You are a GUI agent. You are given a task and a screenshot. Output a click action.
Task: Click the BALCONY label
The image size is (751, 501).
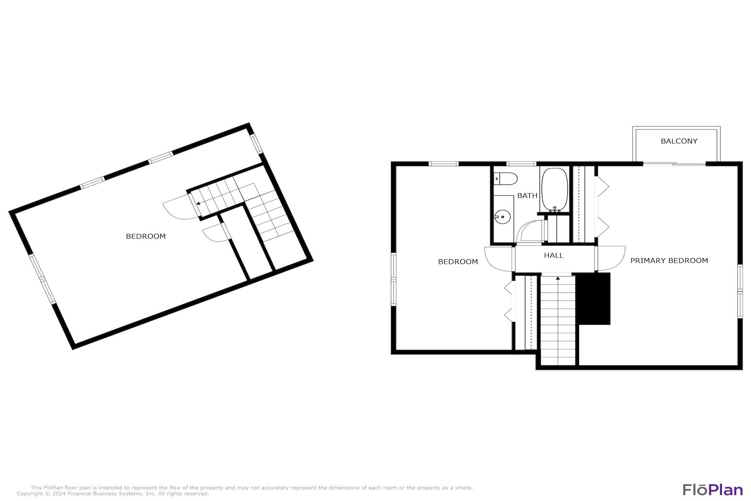coord(679,141)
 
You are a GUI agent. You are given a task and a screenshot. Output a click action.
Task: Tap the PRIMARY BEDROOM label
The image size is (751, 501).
coord(669,261)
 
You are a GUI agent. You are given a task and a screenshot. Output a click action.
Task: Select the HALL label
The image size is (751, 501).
coord(554,255)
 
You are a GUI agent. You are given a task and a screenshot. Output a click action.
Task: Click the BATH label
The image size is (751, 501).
coord(527,195)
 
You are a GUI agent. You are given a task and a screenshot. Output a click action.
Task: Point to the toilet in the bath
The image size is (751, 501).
coord(505,179)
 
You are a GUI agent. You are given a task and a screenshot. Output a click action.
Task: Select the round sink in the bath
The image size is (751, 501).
coord(503,217)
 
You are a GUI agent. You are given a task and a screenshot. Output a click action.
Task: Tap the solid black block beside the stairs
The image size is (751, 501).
coord(593,298)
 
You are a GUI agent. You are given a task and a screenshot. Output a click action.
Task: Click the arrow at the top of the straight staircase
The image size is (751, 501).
coord(558,278)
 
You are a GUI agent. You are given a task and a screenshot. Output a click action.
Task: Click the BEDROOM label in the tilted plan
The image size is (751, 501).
coord(146,236)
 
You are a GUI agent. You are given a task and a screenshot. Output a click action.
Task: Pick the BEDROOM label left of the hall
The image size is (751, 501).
coord(458,262)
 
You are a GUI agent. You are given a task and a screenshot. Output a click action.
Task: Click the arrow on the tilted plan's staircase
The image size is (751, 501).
coord(198,204)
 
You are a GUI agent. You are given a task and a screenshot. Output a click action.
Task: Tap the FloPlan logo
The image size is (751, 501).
coord(713,489)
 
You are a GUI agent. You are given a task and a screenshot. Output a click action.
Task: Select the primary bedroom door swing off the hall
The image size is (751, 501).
coord(611,258)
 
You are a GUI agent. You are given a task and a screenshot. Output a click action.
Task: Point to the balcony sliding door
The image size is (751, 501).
coord(674,164)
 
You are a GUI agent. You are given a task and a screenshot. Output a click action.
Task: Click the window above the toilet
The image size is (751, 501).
coord(521,164)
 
